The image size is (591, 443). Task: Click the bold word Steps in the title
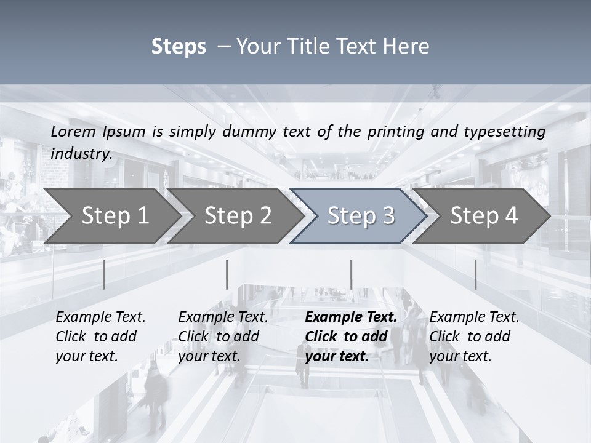(x=179, y=47)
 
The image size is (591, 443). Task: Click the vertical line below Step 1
(x=104, y=274)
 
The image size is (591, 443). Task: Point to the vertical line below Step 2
(x=227, y=274)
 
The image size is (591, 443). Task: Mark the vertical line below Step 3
(x=351, y=274)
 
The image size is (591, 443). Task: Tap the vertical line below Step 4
(x=475, y=274)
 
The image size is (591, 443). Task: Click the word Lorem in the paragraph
(x=73, y=132)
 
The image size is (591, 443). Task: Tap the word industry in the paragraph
(x=81, y=154)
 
